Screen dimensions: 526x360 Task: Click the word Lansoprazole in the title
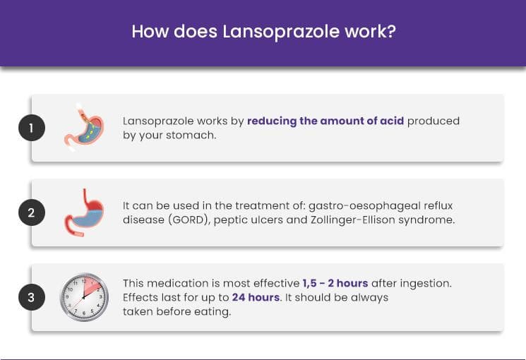tap(281, 32)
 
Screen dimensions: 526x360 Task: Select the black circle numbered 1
tap(32, 128)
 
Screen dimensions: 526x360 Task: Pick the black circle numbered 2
tap(32, 212)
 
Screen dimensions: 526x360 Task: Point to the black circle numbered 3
tap(32, 297)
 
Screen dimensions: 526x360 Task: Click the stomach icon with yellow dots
tap(84, 128)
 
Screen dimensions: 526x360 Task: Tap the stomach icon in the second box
tap(84, 212)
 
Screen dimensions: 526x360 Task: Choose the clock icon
tap(84, 297)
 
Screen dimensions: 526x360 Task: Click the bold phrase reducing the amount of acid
tap(325, 121)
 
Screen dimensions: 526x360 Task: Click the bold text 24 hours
tap(256, 297)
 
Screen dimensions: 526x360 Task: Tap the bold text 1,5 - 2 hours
tap(335, 283)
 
